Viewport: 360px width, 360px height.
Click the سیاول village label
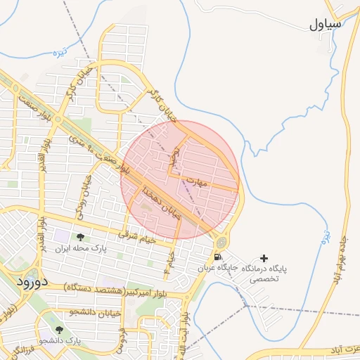click(x=324, y=25)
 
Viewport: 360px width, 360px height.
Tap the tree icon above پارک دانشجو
click(x=58, y=328)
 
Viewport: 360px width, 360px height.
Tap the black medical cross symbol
click(x=264, y=259)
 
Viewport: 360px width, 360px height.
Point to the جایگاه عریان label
click(x=218, y=269)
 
